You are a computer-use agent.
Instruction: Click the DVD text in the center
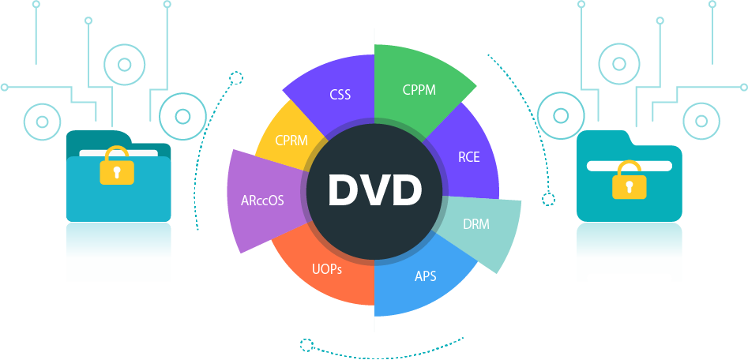coord(374,189)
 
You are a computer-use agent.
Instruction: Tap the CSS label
coord(340,95)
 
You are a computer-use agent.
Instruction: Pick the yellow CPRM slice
coord(291,141)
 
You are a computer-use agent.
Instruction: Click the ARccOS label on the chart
coord(262,200)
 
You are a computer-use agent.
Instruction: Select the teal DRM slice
coord(476,224)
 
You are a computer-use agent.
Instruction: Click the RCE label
coord(468,156)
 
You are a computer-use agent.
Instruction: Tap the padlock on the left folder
coord(117,166)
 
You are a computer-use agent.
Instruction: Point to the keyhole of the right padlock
coord(630,187)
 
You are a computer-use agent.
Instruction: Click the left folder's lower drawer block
coord(118,251)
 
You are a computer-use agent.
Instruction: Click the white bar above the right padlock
coord(630,165)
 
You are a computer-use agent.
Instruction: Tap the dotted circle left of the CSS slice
coord(235,77)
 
